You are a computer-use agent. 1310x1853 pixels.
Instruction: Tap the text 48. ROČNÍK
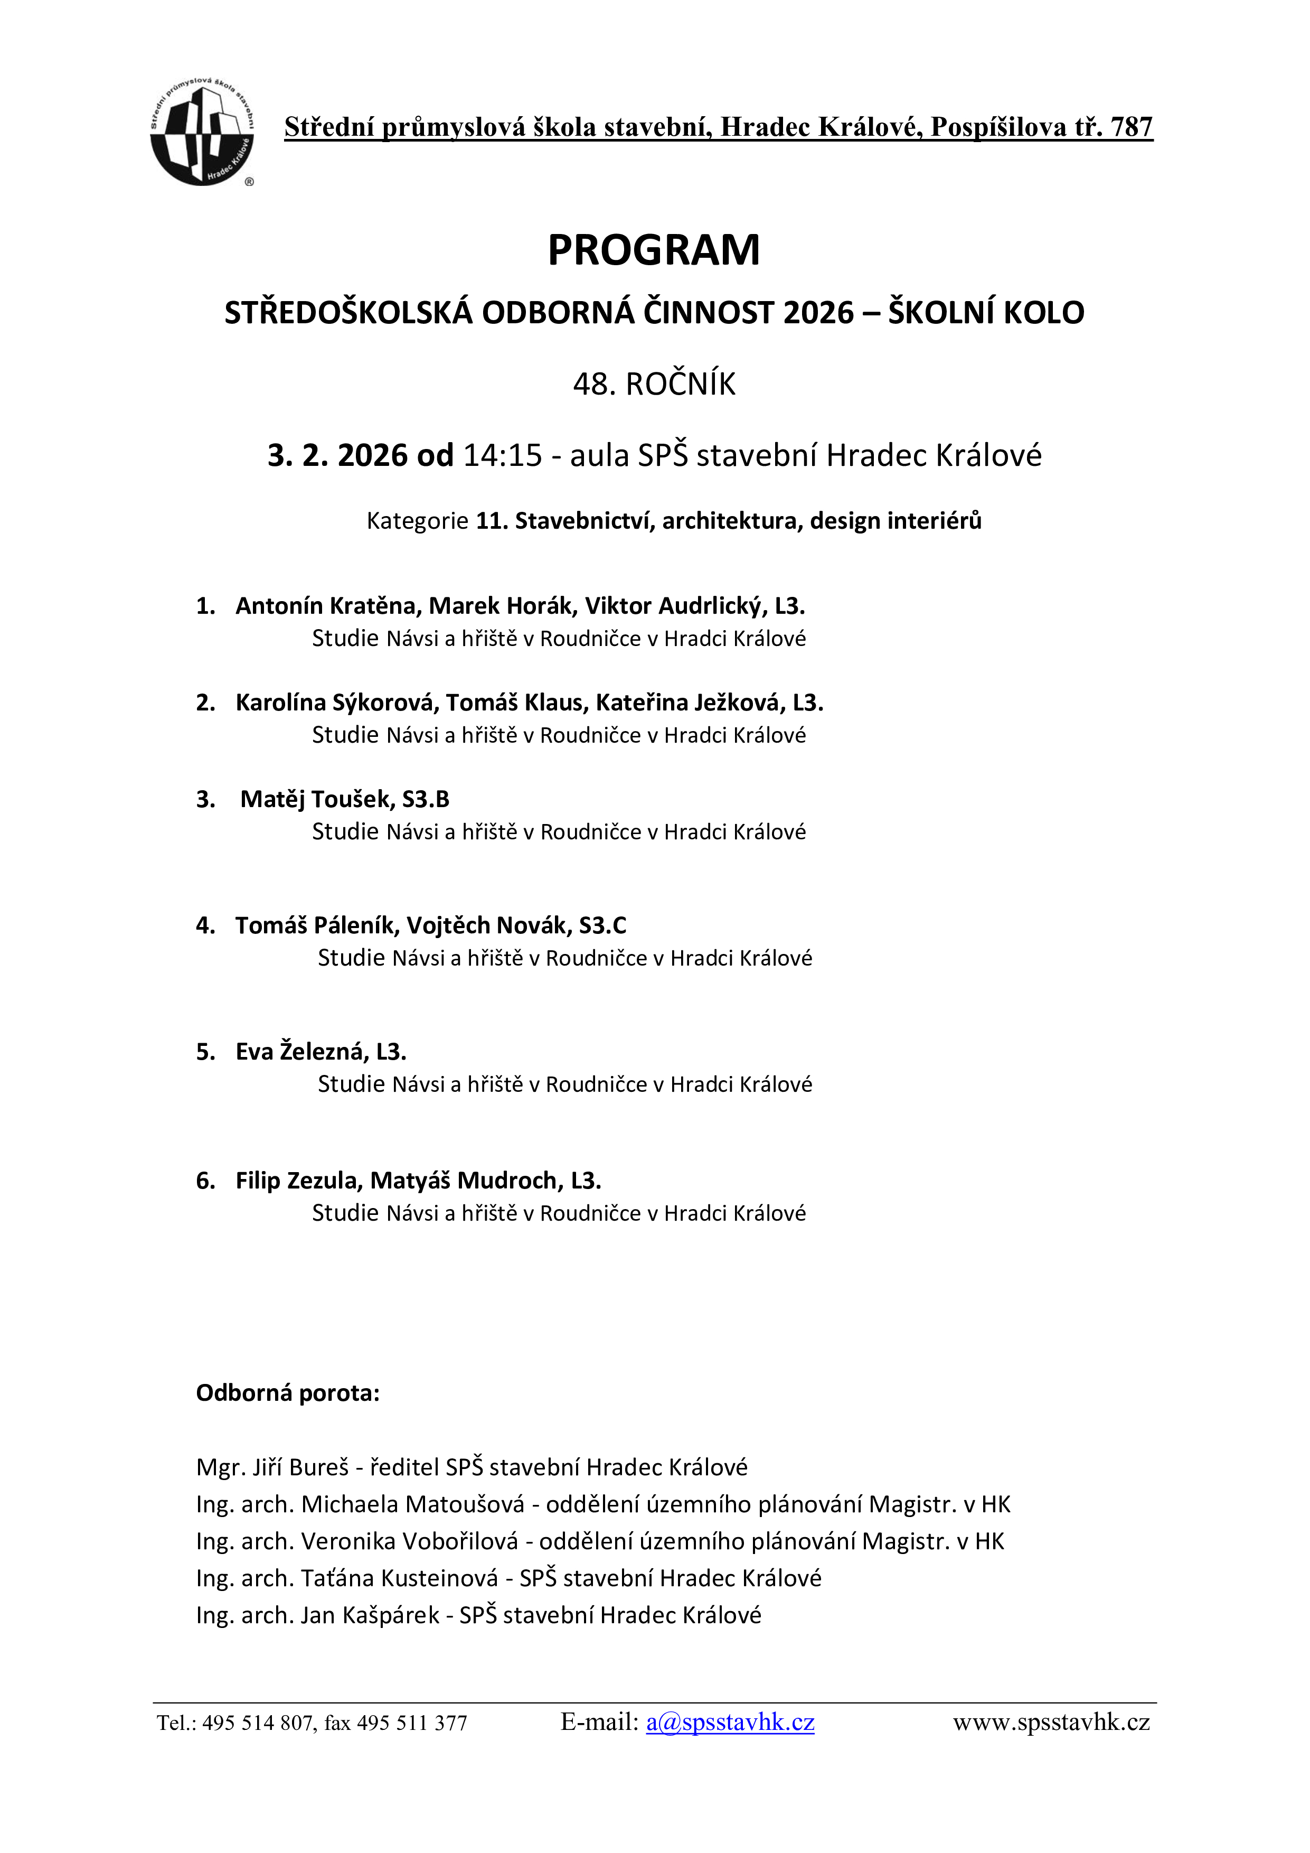click(x=654, y=384)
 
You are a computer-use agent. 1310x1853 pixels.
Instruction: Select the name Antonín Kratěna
click(x=325, y=605)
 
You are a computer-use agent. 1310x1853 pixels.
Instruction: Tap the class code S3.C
click(x=602, y=925)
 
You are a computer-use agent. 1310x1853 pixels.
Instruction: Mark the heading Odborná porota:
click(x=287, y=1393)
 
